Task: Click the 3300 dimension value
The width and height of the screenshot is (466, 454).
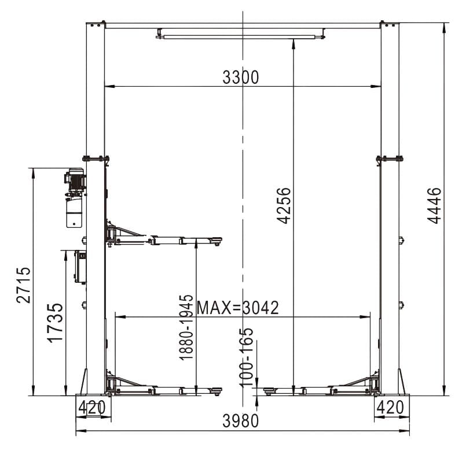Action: (241, 77)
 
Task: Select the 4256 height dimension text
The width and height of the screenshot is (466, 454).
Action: (284, 205)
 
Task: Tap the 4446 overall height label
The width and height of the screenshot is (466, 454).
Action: (434, 205)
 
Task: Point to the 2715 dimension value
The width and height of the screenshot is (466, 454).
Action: (23, 285)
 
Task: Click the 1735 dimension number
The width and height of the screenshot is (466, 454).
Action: (56, 323)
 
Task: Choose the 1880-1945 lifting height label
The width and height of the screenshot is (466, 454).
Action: (186, 327)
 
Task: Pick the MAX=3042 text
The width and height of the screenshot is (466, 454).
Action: (238, 308)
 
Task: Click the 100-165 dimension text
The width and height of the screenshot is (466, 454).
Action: (247, 358)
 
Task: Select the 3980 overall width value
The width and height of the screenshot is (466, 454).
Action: (241, 420)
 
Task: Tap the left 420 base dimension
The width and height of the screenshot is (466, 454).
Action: (92, 407)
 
